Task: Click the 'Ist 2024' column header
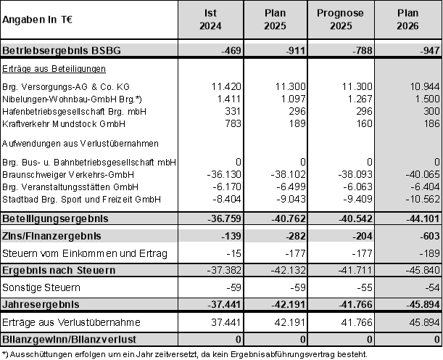tap(210, 20)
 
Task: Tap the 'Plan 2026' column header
tap(411, 20)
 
